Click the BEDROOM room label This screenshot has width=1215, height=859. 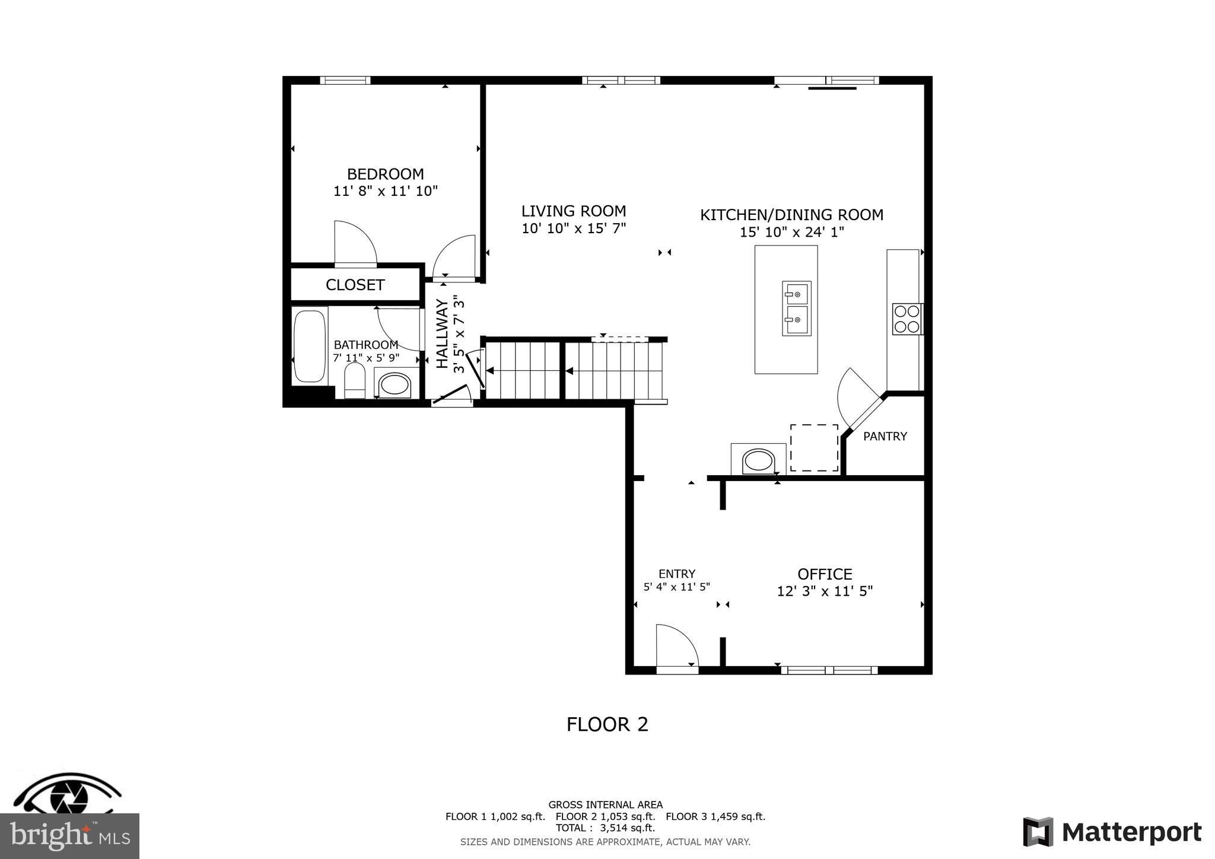385,174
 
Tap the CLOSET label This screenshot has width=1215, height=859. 355,285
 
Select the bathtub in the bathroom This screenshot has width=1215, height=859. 309,346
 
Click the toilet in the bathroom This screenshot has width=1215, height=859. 355,380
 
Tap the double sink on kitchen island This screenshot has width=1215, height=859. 796,308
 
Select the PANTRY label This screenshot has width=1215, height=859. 885,437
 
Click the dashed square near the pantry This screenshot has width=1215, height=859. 814,448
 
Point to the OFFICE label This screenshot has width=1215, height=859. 825,574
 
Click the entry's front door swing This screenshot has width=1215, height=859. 677,648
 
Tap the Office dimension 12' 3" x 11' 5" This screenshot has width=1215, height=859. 825,591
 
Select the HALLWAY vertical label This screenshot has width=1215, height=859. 443,334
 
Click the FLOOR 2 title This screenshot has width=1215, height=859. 607,724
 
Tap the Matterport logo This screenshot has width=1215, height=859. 1112,832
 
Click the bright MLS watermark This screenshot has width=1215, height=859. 69,836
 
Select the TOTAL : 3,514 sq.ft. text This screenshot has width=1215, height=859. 605,828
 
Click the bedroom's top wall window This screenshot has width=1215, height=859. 345,80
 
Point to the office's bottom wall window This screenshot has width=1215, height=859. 829,670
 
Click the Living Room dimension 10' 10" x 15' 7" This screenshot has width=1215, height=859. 574,228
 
